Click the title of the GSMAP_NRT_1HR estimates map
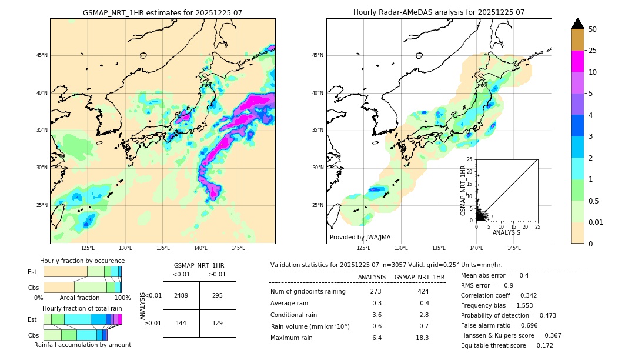click(162, 12)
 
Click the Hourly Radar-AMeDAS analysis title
click(439, 12)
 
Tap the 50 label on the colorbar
click(593, 29)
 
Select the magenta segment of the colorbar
click(577, 61)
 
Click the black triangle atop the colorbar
click(577, 24)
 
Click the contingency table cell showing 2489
click(181, 295)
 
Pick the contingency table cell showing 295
click(218, 295)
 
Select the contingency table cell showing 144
click(181, 324)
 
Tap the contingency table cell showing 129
click(218, 324)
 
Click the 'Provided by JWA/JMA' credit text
click(360, 237)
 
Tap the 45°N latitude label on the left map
click(42, 55)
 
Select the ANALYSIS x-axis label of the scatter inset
click(506, 232)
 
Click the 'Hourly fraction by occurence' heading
click(82, 261)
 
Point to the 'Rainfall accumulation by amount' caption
click(82, 345)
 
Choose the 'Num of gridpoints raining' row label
click(308, 292)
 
